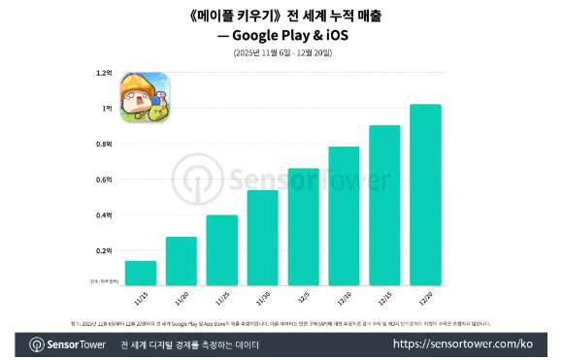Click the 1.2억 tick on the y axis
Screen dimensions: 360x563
point(104,73)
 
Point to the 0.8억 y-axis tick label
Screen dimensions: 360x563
point(104,144)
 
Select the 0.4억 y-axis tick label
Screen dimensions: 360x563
point(104,214)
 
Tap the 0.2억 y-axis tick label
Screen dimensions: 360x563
point(104,250)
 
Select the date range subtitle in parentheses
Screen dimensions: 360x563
point(281,51)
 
